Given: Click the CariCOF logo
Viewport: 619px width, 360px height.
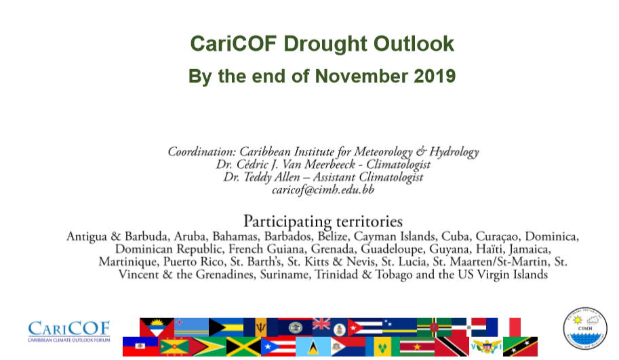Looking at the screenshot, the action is coord(69,331).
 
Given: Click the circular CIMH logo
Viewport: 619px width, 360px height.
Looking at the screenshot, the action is coord(584,328).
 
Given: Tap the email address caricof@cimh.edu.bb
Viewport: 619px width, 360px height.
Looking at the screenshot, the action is coord(323,190).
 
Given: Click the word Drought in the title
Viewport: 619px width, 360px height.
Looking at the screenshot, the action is coord(325,43).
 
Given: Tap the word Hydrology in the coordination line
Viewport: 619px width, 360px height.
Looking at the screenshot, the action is coord(454,152).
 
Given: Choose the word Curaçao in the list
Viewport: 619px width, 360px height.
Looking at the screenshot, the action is coord(496,237).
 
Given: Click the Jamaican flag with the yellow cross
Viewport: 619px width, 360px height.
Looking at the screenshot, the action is coord(243,346).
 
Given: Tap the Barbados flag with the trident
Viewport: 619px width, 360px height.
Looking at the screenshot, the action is coord(260,327).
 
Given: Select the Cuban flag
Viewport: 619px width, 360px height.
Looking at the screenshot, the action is coord(365,327).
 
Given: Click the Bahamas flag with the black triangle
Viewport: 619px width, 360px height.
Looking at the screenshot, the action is coord(226,327).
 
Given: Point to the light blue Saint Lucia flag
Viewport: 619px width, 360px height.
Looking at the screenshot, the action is coord(313,346).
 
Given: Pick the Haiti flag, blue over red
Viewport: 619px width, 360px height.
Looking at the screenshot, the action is coord(140,346).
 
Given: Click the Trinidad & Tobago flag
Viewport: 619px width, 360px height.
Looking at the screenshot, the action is coord(452,346).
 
